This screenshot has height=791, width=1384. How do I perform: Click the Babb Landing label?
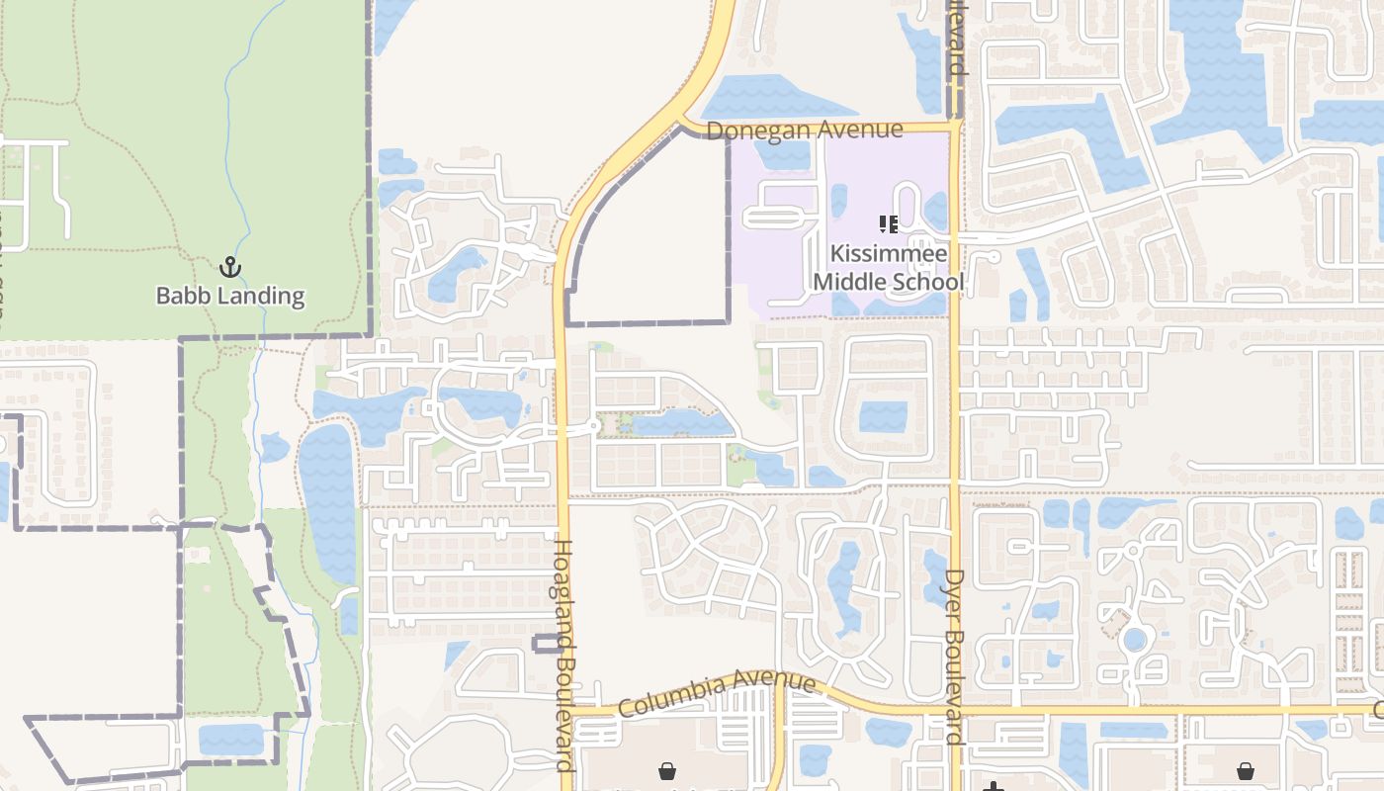230,295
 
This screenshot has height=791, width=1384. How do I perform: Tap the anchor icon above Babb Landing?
229,267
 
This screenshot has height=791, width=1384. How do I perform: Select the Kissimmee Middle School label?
888,268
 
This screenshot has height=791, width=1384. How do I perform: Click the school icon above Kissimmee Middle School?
888,225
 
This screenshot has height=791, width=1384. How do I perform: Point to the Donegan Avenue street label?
805,130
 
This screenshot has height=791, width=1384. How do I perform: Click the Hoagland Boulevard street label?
562,655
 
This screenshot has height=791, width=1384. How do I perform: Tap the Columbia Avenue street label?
717,695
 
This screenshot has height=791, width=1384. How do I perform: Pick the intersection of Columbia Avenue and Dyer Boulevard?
955,711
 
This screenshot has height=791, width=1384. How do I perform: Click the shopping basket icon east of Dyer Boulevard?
1245,769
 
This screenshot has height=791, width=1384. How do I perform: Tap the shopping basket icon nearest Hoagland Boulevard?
667,769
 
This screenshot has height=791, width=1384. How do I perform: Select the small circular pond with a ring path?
1135,640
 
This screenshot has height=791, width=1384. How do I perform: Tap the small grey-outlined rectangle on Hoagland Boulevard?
547,645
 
